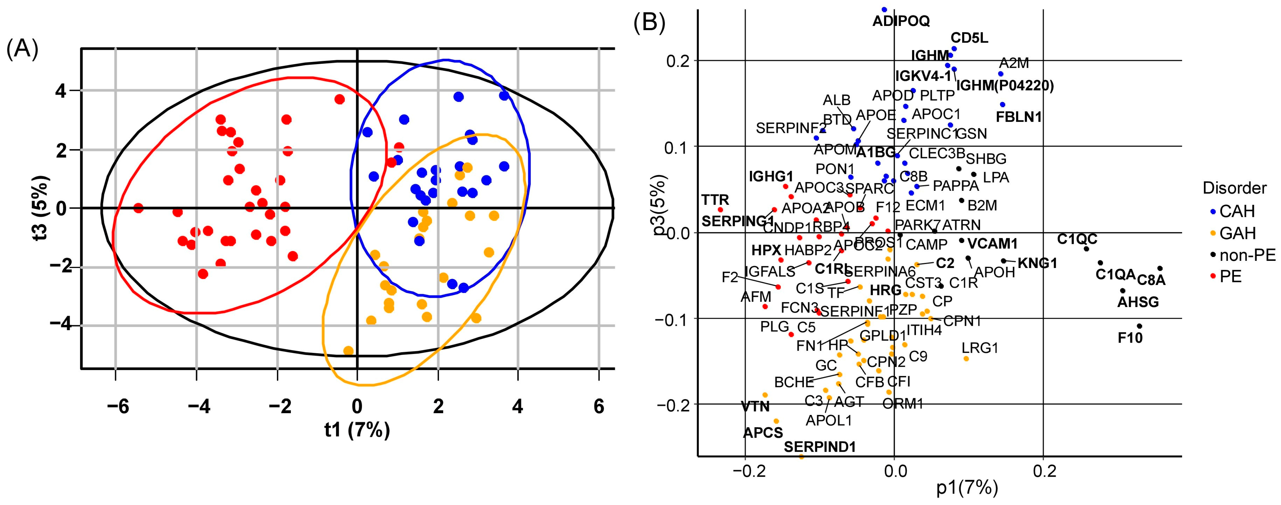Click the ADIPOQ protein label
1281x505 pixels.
(901, 21)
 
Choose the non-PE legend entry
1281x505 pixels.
(1247, 255)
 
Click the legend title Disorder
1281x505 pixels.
(1234, 188)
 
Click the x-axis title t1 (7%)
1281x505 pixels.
(357, 430)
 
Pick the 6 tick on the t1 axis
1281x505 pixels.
(599, 407)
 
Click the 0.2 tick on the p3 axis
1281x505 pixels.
(675, 61)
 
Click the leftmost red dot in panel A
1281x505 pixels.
(139, 208)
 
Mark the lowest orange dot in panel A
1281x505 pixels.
(349, 351)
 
